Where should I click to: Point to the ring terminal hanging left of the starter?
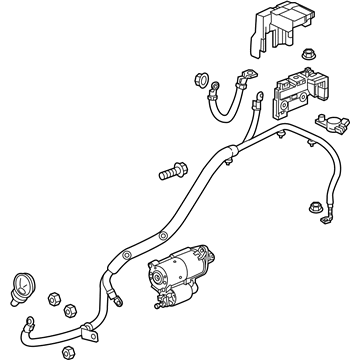pyautogui.click(x=118, y=292)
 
